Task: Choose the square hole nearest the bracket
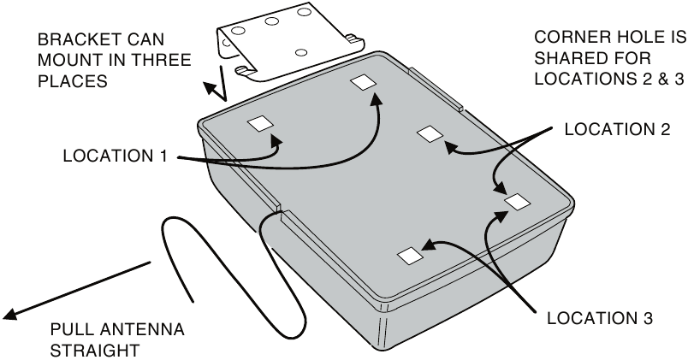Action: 361,82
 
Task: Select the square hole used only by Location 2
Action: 430,133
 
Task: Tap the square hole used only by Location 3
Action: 410,256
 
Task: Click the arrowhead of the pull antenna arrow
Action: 9,316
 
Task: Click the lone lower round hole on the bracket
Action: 300,53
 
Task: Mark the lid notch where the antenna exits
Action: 280,208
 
